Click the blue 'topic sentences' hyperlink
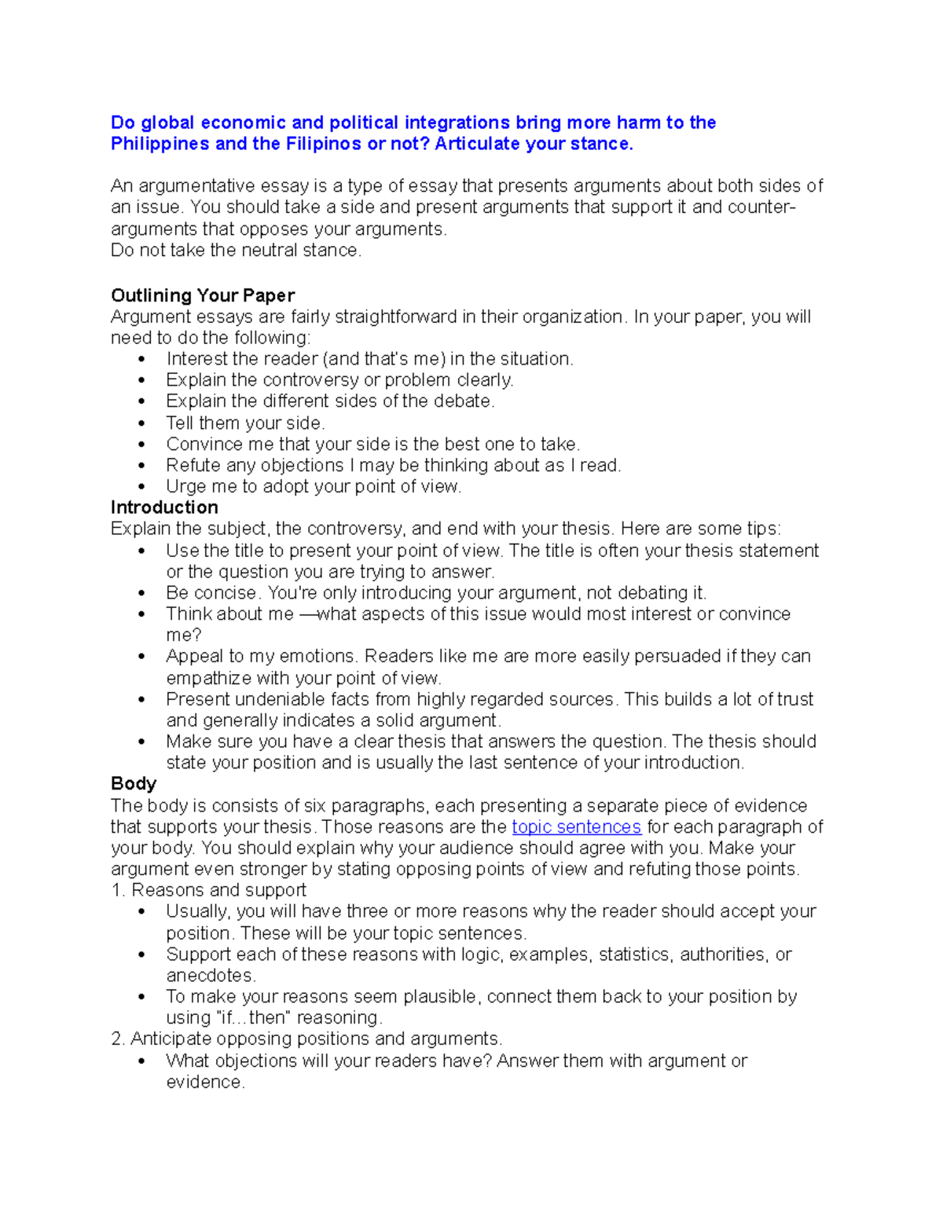pyautogui.click(x=576, y=826)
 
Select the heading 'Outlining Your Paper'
pyautogui.click(x=203, y=295)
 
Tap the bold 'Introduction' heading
pyautogui.click(x=164, y=507)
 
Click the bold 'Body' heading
pyautogui.click(x=134, y=783)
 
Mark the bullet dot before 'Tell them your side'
pyautogui.click(x=141, y=423)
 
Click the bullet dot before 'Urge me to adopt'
pyautogui.click(x=141, y=486)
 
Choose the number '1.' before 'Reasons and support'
pyautogui.click(x=118, y=890)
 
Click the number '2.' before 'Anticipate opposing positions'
pyautogui.click(x=118, y=1039)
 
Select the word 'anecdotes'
pyautogui.click(x=210, y=976)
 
